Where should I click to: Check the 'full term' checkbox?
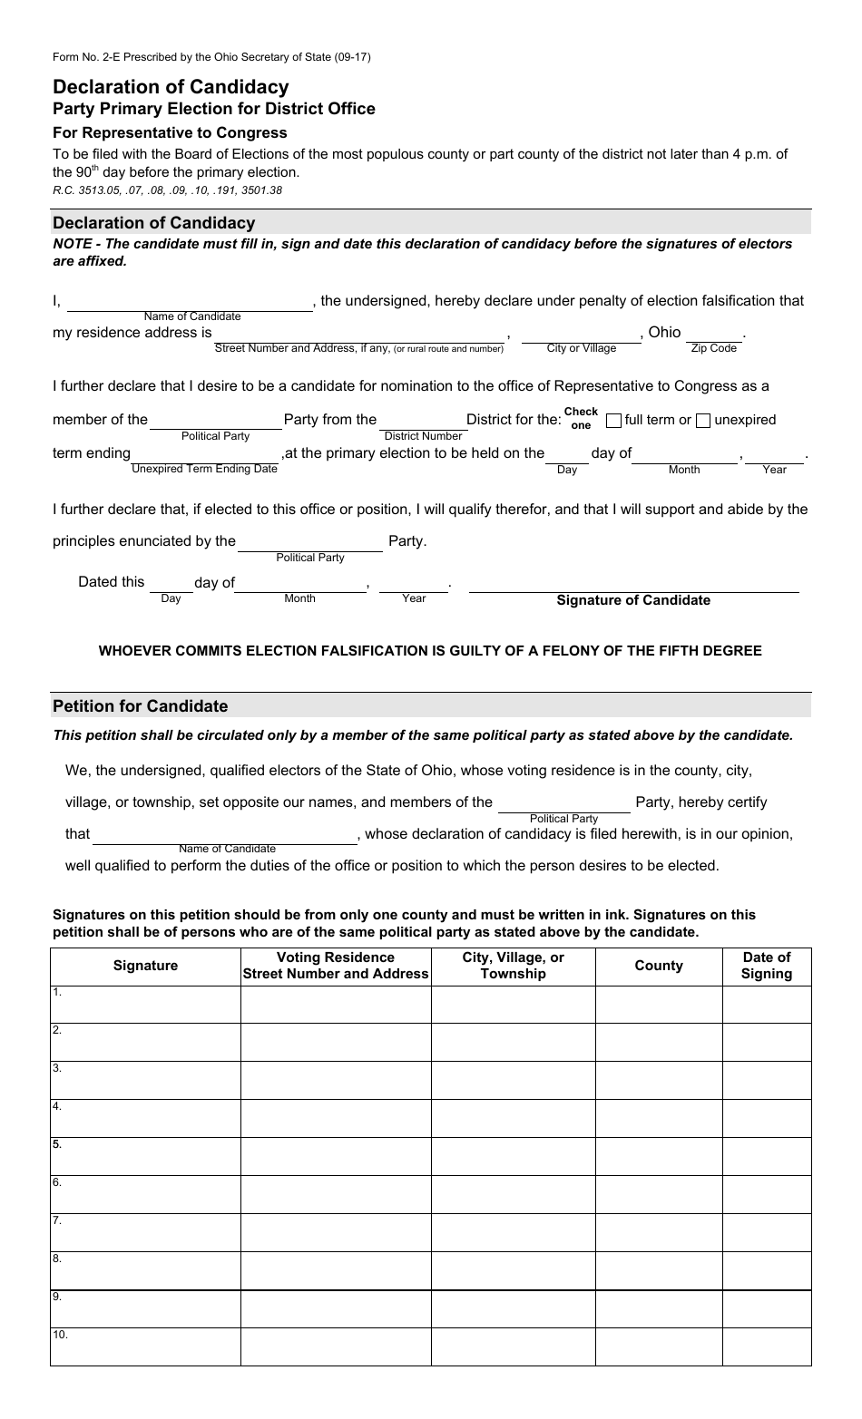613,421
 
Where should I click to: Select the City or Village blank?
581,335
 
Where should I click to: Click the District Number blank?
422,422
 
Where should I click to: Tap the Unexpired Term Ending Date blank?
206,454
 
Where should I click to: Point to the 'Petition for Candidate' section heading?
141,706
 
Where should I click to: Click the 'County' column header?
659,966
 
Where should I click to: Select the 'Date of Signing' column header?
767,966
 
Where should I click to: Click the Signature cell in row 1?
146,1005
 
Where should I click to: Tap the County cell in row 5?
659,1156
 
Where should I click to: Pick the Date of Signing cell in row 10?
767,1346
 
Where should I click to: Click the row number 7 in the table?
56,1220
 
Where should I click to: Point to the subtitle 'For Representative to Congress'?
170,132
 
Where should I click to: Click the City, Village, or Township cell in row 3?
514,1080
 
